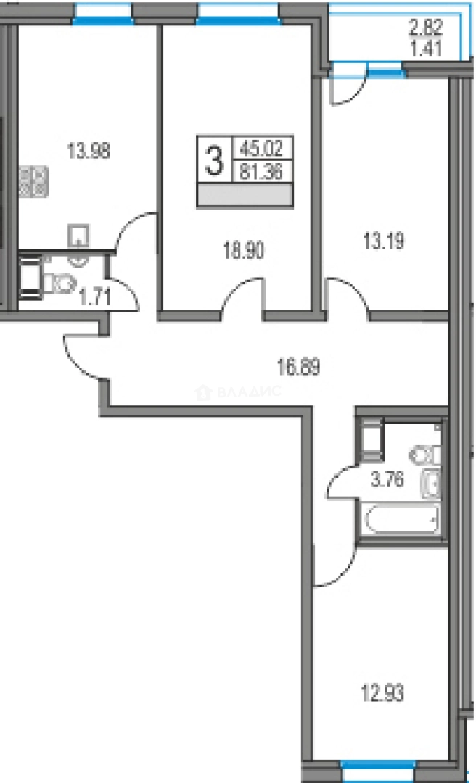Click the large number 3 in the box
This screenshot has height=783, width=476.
pos(213,161)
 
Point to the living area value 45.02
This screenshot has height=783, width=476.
pos(263,152)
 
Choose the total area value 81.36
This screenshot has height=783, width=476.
pos(263,173)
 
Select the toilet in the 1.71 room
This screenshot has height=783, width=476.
pos(61,283)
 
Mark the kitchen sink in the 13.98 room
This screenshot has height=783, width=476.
pos(78,236)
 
